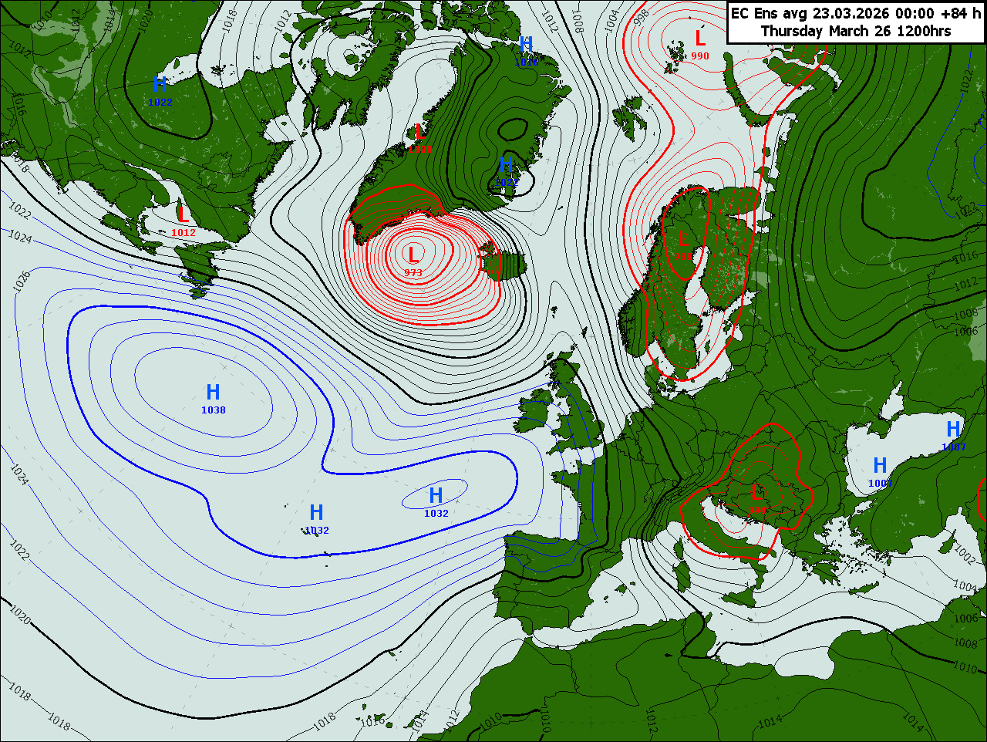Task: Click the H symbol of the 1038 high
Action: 214,392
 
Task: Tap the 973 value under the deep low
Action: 413,272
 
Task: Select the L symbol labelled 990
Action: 700,38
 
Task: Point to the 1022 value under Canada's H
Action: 160,103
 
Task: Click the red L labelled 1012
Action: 183,214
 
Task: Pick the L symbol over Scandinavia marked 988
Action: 683,239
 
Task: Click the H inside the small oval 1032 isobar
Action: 436,495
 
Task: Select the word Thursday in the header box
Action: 793,32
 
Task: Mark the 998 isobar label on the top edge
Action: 641,17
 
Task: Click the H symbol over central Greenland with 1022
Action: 507,165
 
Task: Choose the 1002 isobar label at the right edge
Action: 965,554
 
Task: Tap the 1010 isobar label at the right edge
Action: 965,666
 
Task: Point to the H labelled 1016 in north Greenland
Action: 527,45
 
